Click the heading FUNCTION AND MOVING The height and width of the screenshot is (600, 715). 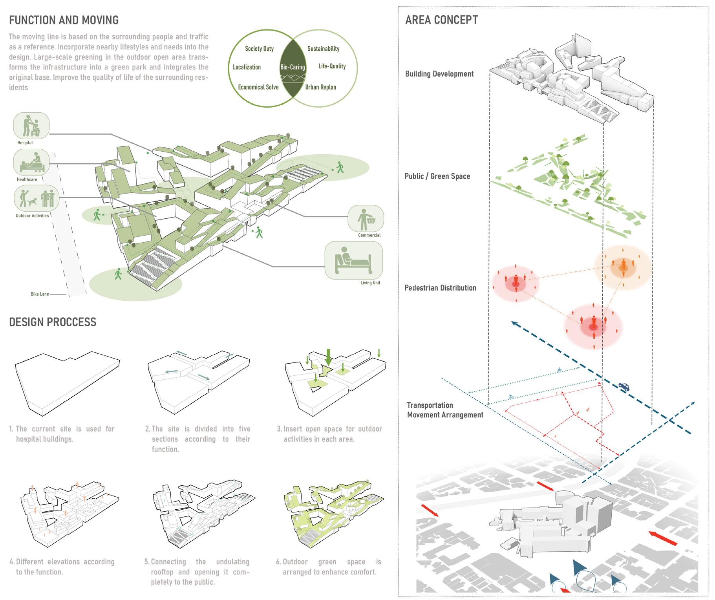point(64,20)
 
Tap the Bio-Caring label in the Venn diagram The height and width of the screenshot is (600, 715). point(293,67)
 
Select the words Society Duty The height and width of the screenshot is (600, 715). point(259,49)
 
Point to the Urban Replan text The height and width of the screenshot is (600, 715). point(320,87)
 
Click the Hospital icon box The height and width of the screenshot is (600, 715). point(31,126)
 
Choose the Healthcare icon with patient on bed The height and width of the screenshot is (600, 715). point(31,162)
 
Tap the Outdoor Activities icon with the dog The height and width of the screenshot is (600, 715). point(37,198)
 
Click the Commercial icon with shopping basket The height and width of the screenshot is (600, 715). point(366,219)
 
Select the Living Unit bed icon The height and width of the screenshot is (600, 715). point(353,260)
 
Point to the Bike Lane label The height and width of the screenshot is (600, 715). point(40,294)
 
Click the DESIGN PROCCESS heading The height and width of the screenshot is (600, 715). point(53,322)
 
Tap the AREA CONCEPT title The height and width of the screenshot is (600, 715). point(441,20)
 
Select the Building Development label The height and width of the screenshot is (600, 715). point(439,74)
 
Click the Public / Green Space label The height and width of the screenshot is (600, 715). point(437,176)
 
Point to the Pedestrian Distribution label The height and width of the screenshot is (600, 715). point(440,288)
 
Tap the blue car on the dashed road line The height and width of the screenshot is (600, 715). point(624,386)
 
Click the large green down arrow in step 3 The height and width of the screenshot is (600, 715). point(329,356)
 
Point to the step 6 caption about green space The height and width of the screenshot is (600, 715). point(329,567)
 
